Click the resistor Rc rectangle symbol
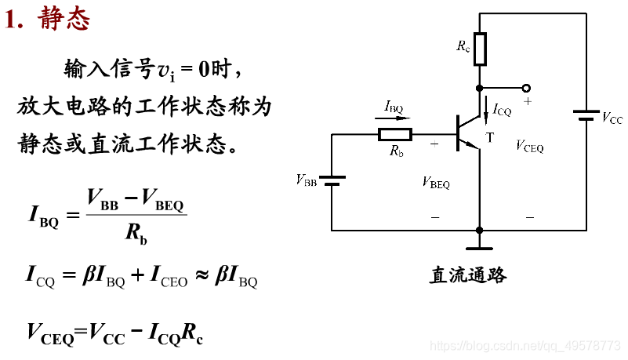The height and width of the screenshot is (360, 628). pos(480,48)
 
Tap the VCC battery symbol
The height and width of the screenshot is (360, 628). pos(586,116)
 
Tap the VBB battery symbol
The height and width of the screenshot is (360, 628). pos(332,180)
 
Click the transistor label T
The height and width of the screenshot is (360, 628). pos(490,138)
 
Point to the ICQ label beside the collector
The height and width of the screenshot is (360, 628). pos(502,111)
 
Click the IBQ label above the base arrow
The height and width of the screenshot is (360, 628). pos(394,106)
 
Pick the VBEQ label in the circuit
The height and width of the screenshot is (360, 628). pos(436,183)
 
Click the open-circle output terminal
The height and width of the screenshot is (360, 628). pos(526,88)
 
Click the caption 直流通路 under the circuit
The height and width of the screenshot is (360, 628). pos(468,275)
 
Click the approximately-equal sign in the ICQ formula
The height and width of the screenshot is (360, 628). pos(202,275)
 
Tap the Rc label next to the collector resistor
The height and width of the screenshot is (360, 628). pos(463,45)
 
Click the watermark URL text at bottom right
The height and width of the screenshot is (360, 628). pos(527,346)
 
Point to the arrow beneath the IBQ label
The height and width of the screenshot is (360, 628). pos(397,118)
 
